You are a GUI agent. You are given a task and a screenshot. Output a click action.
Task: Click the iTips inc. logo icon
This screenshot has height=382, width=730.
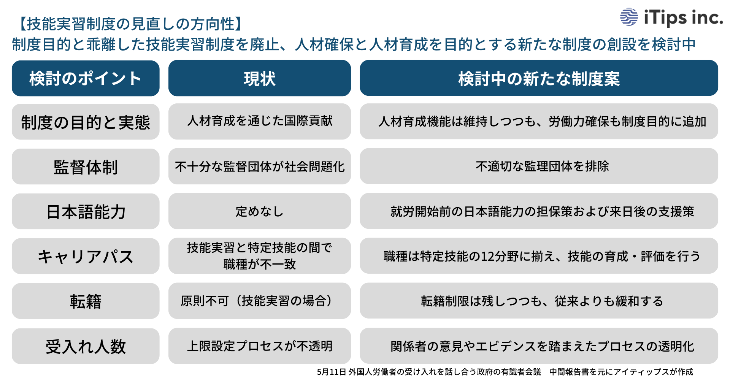pyautogui.click(x=629, y=17)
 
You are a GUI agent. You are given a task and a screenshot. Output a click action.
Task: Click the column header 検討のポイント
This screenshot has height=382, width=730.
pyautogui.click(x=86, y=78)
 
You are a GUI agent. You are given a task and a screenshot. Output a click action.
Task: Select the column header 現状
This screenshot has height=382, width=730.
pyautogui.click(x=259, y=78)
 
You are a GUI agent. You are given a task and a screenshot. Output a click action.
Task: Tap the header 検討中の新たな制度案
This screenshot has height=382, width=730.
pyautogui.click(x=539, y=78)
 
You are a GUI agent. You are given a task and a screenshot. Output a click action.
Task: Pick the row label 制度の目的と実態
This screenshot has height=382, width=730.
pyautogui.click(x=86, y=122)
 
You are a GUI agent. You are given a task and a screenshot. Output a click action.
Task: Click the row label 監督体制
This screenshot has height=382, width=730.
pyautogui.click(x=86, y=167)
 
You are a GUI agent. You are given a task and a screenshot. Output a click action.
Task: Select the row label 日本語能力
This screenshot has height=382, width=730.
pyautogui.click(x=86, y=212)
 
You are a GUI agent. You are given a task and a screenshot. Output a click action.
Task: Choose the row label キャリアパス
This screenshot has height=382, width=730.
pyautogui.click(x=86, y=257)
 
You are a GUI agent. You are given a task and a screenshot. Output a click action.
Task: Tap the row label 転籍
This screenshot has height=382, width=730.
pyautogui.click(x=86, y=301)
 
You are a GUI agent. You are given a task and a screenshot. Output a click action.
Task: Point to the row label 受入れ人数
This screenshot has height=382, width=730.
pyautogui.click(x=86, y=346)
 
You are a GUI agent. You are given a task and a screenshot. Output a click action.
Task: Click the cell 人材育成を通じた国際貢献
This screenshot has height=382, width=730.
pyautogui.click(x=259, y=121)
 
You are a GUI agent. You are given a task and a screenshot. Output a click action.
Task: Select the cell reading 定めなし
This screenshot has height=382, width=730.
pyautogui.click(x=259, y=211)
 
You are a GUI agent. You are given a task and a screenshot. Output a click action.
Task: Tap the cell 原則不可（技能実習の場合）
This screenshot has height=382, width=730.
pyautogui.click(x=259, y=301)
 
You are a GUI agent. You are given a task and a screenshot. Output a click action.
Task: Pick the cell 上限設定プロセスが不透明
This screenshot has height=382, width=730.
pyautogui.click(x=259, y=346)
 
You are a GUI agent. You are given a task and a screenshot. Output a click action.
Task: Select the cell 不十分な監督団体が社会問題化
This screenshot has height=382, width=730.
pyautogui.click(x=259, y=166)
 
